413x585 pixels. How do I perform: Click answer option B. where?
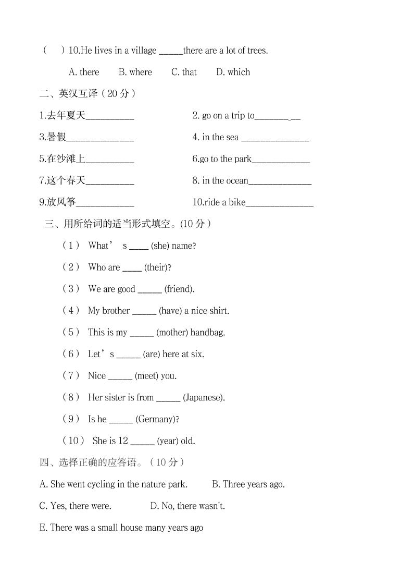click(135, 72)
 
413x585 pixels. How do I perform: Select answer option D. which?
click(233, 72)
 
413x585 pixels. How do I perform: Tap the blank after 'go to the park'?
click(281, 160)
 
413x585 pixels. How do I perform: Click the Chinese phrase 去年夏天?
click(62, 116)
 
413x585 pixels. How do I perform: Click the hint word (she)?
click(160, 246)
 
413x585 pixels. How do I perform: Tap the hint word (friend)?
click(179, 289)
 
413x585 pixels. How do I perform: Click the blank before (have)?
click(144, 311)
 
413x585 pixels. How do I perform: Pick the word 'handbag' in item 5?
click(208, 333)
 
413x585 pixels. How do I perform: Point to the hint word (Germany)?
click(157, 419)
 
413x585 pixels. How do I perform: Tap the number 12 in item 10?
click(123, 441)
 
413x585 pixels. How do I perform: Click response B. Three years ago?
click(248, 484)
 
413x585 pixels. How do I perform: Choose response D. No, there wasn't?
click(187, 506)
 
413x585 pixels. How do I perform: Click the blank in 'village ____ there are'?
click(171, 52)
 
